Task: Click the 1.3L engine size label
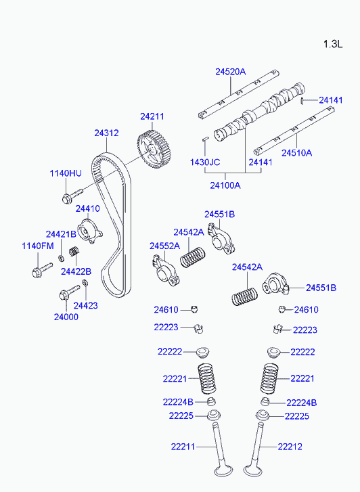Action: coord(333,44)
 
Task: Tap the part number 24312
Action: coord(106,133)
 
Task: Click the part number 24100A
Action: coord(225,185)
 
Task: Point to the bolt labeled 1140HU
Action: coord(72,196)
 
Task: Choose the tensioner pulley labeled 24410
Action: coord(90,231)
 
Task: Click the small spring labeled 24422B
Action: coord(74,250)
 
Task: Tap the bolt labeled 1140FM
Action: coord(42,270)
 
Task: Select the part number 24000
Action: coord(66,317)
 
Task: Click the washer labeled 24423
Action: coord(85,283)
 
